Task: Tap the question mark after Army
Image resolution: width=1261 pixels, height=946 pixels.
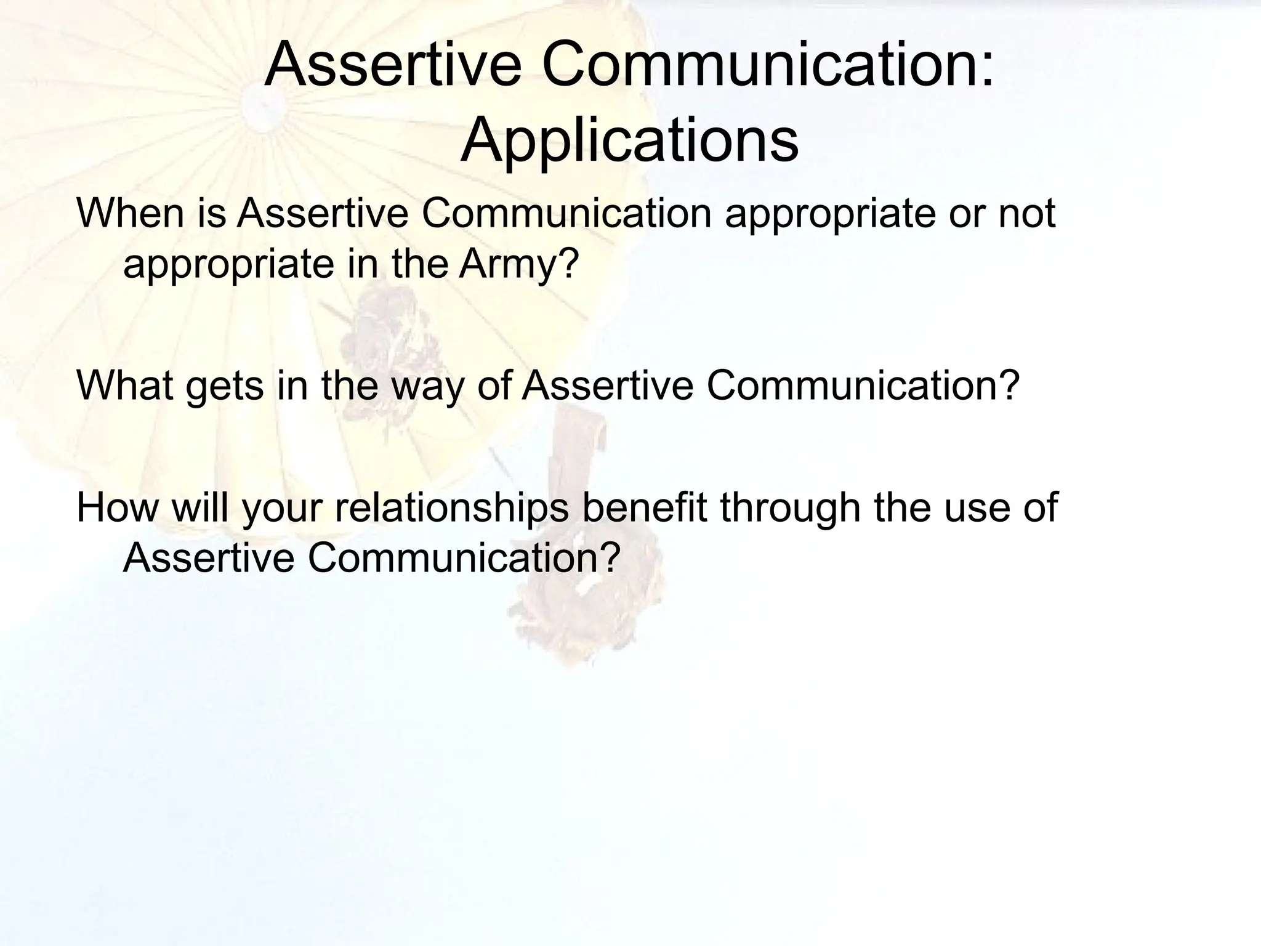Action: [x=568, y=264]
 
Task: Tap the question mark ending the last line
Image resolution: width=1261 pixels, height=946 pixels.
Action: [x=608, y=557]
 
